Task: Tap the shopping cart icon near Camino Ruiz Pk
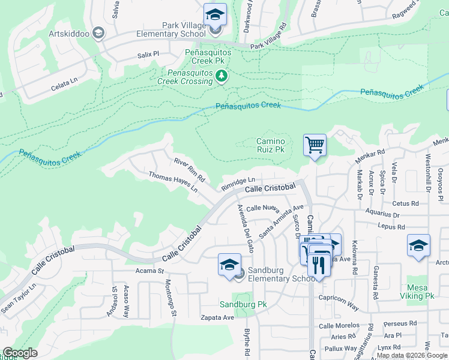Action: coord(315,145)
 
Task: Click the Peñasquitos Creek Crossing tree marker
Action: coord(222,76)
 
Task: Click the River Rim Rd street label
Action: coord(190,170)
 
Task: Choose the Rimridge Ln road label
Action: coord(238,182)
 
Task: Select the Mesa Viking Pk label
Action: coord(420,292)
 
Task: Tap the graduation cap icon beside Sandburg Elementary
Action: coord(229,265)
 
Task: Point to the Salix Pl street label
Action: coord(147,54)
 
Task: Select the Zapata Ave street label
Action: coord(217,317)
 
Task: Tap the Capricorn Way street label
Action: coord(339,303)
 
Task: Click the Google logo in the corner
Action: coord(20,353)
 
